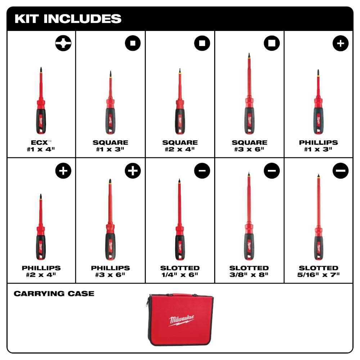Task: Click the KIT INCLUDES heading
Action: (x=68, y=19)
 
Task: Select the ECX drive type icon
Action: (x=63, y=44)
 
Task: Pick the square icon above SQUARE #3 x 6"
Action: (x=271, y=44)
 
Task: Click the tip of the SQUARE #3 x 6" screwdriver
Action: (x=249, y=55)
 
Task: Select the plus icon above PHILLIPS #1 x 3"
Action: (x=341, y=44)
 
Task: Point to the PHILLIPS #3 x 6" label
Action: (x=110, y=271)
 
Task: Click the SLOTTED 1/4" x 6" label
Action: (x=180, y=271)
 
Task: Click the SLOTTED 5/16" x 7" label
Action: (x=318, y=271)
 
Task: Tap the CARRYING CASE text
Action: (x=54, y=294)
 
